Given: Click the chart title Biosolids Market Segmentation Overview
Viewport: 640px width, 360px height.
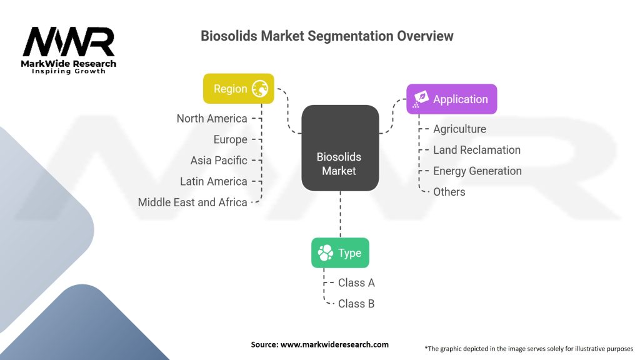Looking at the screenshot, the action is (x=327, y=36).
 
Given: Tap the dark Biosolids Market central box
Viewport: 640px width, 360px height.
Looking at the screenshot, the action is (x=340, y=147).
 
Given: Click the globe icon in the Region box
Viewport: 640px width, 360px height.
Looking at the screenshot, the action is (x=260, y=89).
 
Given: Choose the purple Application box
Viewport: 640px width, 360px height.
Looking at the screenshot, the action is (x=451, y=99).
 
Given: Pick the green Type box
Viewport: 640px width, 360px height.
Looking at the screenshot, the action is (x=340, y=253).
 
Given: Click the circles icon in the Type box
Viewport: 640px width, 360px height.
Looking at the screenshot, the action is (x=326, y=253).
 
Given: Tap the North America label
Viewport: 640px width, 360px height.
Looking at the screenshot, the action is (x=212, y=119).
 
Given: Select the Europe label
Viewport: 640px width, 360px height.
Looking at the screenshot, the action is (x=230, y=139).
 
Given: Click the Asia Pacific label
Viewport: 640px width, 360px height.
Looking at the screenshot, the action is (x=219, y=161).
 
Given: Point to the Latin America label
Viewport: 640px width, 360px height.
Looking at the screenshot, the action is (x=214, y=181).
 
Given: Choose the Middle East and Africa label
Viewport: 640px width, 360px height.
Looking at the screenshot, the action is (x=192, y=202).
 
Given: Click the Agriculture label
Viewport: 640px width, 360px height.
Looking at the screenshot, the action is (x=459, y=129).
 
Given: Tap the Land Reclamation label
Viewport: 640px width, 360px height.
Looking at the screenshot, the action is (x=477, y=150).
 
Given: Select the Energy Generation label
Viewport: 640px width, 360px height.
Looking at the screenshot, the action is (x=477, y=171).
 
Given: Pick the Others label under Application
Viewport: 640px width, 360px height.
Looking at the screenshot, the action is (x=449, y=192).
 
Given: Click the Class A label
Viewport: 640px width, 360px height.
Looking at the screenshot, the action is (x=356, y=282).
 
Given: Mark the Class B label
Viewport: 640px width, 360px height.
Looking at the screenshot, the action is (x=356, y=304).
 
